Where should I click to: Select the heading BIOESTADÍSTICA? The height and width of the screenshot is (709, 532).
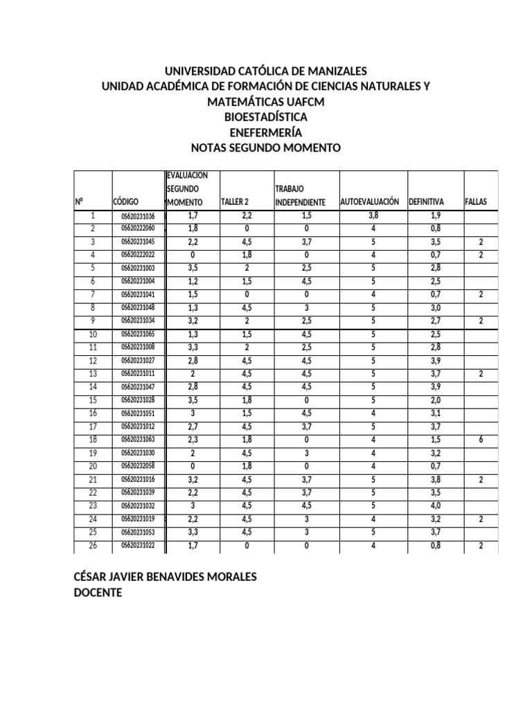point(266,117)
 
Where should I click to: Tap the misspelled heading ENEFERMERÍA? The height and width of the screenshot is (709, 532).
point(266,132)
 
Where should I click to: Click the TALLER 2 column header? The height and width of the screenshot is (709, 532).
point(234,202)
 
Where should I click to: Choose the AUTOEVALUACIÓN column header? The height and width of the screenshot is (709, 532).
point(369,201)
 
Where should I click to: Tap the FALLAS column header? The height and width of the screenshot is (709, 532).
point(476,202)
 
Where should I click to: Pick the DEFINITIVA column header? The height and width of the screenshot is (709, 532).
point(426,202)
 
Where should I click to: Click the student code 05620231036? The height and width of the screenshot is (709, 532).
point(139,216)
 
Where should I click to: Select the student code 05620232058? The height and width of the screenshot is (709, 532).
point(139,466)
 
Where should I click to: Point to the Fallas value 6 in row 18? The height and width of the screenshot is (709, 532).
point(480,440)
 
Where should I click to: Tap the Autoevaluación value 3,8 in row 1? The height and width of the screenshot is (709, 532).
point(373,216)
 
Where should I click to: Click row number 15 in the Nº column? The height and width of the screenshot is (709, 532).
point(93,400)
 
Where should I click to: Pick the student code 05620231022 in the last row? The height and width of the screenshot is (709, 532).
point(139,546)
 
